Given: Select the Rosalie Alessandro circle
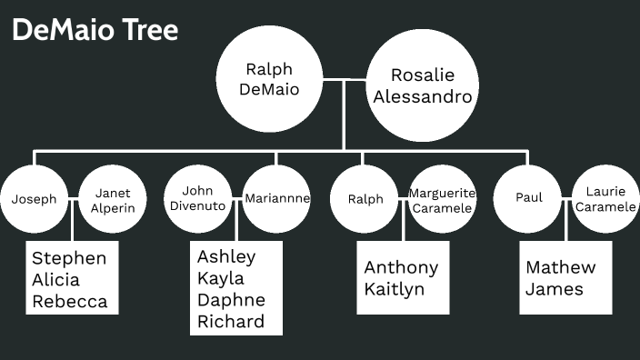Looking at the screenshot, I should coord(421,85).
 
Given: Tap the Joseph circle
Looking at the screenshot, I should coord(35,199).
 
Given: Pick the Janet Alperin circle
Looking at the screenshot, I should coord(113,199).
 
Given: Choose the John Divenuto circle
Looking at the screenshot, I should coord(197,198).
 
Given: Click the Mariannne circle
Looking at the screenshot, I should coord(277,198).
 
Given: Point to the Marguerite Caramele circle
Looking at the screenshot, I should coord(442,200).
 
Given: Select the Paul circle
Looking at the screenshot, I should coord(528,198).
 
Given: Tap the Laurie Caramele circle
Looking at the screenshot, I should coord(605,200).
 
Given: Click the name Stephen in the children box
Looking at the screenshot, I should coord(68,258).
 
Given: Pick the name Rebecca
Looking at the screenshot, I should coord(69,302).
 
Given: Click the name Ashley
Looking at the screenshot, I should coord(226,256).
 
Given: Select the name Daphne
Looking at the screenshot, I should coord(231,300).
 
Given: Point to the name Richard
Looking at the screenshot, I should coord(230,321).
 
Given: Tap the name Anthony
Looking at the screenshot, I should coord(401,267).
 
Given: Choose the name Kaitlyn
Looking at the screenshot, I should coord(394,289).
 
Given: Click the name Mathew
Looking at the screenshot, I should coord(560,267).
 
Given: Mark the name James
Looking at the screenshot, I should coord(554,289).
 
